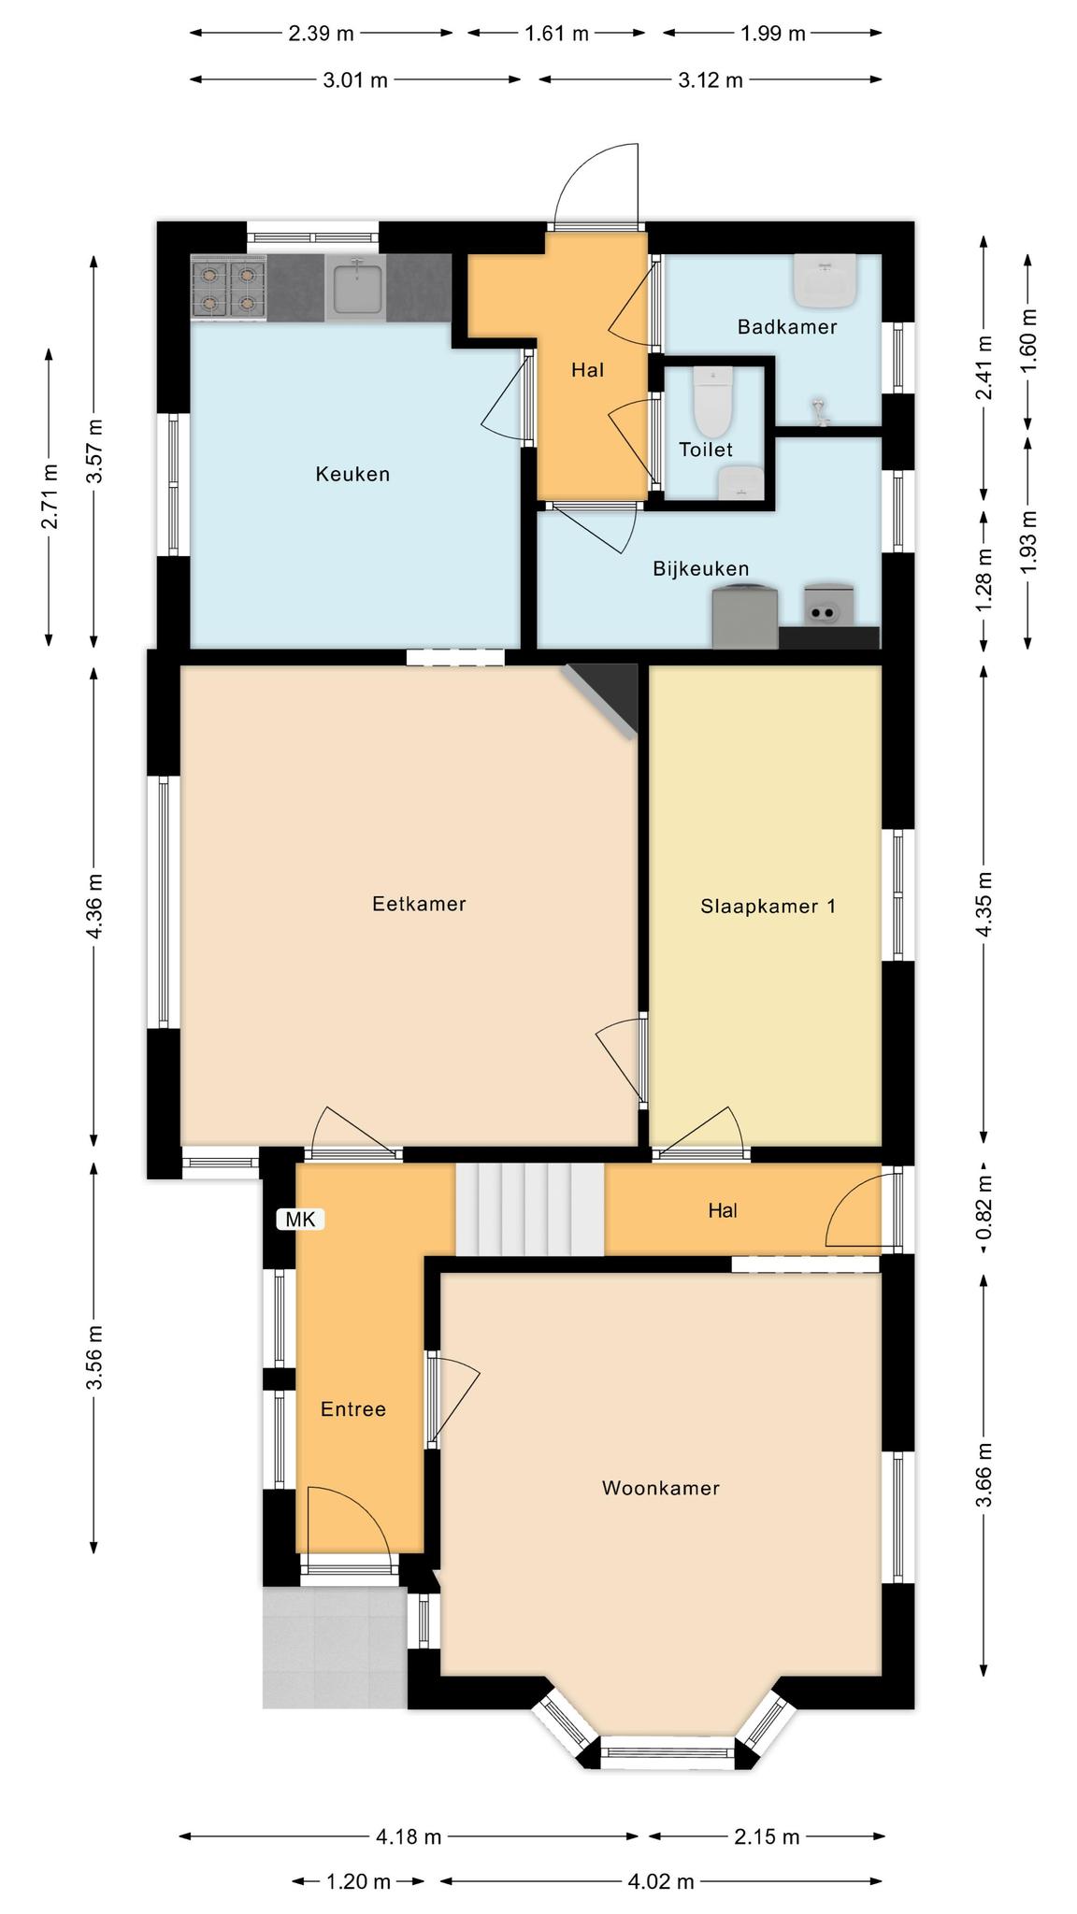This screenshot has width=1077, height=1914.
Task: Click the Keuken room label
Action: click(352, 474)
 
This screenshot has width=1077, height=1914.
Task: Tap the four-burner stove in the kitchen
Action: click(229, 289)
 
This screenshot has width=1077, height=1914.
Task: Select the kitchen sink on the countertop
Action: click(356, 289)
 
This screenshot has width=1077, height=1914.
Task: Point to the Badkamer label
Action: click(787, 327)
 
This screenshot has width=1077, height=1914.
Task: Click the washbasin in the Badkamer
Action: click(825, 279)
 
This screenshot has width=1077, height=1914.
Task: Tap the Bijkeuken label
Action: click(701, 568)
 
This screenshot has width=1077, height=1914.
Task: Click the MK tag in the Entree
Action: click(301, 1219)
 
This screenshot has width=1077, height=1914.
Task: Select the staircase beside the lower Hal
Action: click(530, 1209)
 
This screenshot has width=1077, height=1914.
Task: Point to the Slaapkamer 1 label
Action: click(768, 906)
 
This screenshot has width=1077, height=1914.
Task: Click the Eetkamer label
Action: click(419, 904)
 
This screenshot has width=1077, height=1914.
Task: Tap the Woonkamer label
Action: click(661, 1488)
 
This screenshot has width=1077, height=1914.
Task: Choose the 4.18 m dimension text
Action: click(409, 1837)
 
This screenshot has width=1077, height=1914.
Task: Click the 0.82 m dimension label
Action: click(984, 1209)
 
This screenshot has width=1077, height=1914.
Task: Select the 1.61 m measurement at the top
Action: click(557, 34)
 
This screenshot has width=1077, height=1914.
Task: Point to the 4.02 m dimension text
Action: click(661, 1881)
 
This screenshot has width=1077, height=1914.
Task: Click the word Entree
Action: click(353, 1409)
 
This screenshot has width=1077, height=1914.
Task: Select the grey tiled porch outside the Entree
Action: click(334, 1648)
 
